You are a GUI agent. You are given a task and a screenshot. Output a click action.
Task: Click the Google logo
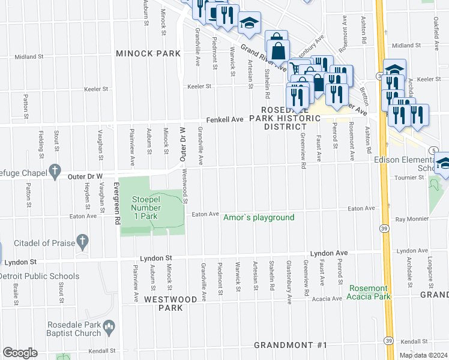(20, 353)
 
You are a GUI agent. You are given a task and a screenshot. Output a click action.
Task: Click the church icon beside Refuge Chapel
(55, 170)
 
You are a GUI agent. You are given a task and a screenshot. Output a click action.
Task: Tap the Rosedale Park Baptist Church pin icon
(109, 328)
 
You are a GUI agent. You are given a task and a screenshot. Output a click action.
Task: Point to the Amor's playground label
(259, 217)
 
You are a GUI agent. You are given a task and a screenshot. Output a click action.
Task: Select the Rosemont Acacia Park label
(366, 292)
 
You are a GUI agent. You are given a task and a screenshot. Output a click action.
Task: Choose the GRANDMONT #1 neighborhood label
(291, 345)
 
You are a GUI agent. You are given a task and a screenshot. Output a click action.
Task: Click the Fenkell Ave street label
(225, 119)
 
